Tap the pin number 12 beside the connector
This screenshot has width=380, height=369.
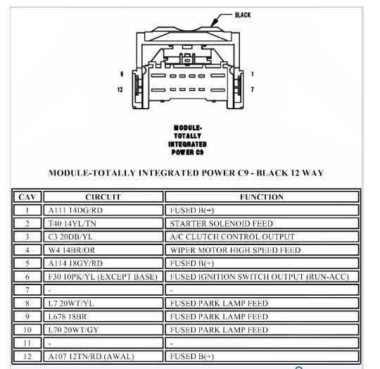point(120,89)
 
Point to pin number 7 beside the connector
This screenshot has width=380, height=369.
point(252,89)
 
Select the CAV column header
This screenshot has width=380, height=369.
point(27,197)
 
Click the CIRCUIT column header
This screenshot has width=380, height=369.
point(103,197)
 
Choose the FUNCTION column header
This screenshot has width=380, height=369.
point(261,197)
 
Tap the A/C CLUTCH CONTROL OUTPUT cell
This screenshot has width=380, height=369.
point(232,237)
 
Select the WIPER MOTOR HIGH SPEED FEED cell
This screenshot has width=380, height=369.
point(235,250)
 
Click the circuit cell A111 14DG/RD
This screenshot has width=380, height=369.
point(75,210)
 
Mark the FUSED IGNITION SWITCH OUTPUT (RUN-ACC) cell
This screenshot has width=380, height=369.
point(258,276)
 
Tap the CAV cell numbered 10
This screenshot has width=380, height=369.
point(27,329)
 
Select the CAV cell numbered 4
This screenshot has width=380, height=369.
point(27,250)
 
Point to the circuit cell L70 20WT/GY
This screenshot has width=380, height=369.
point(72,329)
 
